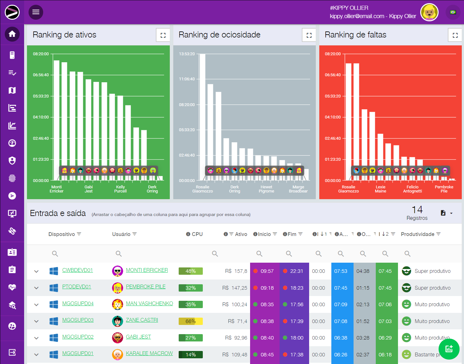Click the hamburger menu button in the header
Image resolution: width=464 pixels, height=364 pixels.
pos(36,12)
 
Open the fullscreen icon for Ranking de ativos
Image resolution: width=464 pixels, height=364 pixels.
pos(163,35)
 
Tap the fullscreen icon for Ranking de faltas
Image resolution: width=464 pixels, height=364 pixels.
pos(455,35)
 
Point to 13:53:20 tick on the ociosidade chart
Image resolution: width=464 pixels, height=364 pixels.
pos(187,54)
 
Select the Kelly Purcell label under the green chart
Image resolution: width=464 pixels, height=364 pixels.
pos(121,189)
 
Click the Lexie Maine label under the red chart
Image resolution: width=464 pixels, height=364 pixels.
pos(381,189)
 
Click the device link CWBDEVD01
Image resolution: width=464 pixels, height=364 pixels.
pos(77,270)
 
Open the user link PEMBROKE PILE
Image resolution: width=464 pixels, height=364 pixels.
pos(146,287)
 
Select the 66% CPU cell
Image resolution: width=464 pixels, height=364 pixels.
pos(190,321)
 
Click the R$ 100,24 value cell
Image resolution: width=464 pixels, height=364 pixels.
pos(235,305)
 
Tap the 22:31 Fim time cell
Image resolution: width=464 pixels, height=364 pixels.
pos(294,271)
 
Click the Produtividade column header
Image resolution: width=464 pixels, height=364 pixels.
pos(418,234)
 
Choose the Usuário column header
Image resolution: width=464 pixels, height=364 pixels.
pos(121,234)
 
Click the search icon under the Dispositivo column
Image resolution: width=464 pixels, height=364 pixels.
pos(55,253)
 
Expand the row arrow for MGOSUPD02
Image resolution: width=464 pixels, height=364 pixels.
pos(36,338)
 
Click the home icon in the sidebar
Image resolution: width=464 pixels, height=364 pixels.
pos(12,34)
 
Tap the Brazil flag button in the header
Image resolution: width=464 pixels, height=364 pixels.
pos(453,12)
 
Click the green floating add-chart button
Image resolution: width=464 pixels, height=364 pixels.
pos(449,349)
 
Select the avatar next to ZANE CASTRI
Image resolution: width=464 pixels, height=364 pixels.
pos(118,321)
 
